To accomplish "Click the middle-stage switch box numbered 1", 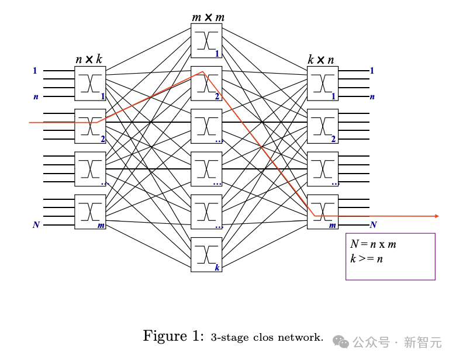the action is pyautogui.click(x=206, y=41).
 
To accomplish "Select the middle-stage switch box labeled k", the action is pyautogui.click(x=206, y=255).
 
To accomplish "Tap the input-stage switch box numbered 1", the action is pyautogui.click(x=90, y=84).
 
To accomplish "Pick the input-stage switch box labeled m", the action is pyautogui.click(x=90, y=212).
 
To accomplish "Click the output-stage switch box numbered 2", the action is pyautogui.click(x=323, y=126).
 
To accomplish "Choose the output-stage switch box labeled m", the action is pyautogui.click(x=323, y=212).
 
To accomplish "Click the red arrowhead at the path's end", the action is pyautogui.click(x=437, y=216).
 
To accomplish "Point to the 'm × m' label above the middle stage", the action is pyautogui.click(x=208, y=18).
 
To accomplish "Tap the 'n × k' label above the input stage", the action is pyautogui.click(x=89, y=60).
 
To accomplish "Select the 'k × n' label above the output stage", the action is pyautogui.click(x=321, y=60).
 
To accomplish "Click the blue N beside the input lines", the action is pyautogui.click(x=36, y=225).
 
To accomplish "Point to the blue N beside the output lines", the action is pyautogui.click(x=373, y=225).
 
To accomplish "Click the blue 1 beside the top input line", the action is pyautogui.click(x=35, y=71).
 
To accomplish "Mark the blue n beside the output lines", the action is pyautogui.click(x=372, y=97).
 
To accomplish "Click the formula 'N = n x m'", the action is pyautogui.click(x=373, y=244).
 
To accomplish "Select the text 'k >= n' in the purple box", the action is pyautogui.click(x=367, y=258).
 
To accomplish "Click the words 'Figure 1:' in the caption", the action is pyautogui.click(x=173, y=336).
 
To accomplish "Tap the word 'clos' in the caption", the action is pyautogui.click(x=263, y=337).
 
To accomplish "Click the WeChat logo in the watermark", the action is pyautogui.click(x=341, y=341).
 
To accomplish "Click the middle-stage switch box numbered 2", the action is pyautogui.click(x=206, y=84).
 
